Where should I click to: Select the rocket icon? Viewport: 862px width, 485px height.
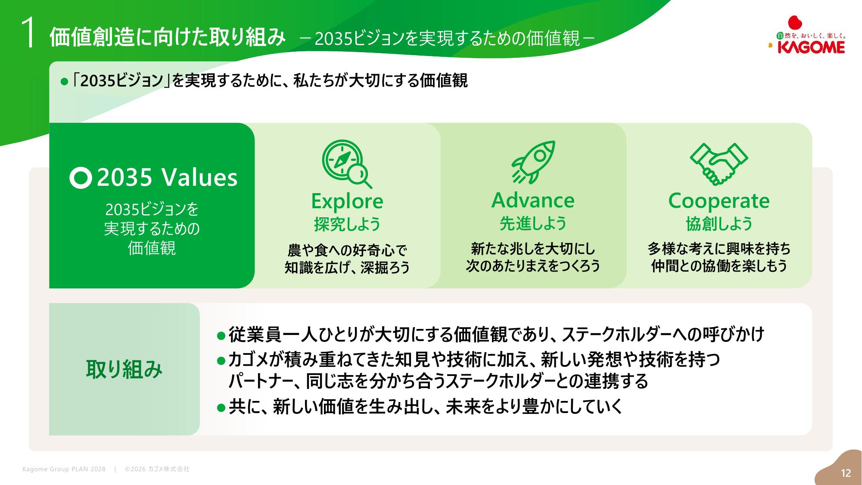[x=533, y=162]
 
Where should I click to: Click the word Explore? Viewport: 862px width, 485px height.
[x=347, y=201]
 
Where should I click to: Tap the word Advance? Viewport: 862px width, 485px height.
[x=533, y=200]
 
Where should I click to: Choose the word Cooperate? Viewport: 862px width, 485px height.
[x=719, y=201]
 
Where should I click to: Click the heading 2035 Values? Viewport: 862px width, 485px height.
[x=167, y=177]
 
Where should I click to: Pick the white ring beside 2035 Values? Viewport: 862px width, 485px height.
[x=81, y=178]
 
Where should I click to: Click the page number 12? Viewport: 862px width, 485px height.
[x=846, y=473]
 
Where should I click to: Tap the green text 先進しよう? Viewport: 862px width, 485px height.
[x=533, y=224]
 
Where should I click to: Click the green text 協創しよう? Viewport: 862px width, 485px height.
[x=719, y=224]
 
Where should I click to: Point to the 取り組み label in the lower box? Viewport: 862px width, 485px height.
[x=124, y=369]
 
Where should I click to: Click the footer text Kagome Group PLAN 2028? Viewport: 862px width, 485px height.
[x=64, y=469]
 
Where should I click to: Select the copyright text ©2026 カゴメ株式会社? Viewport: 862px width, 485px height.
[x=157, y=469]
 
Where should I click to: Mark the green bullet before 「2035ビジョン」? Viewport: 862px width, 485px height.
[x=65, y=81]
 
